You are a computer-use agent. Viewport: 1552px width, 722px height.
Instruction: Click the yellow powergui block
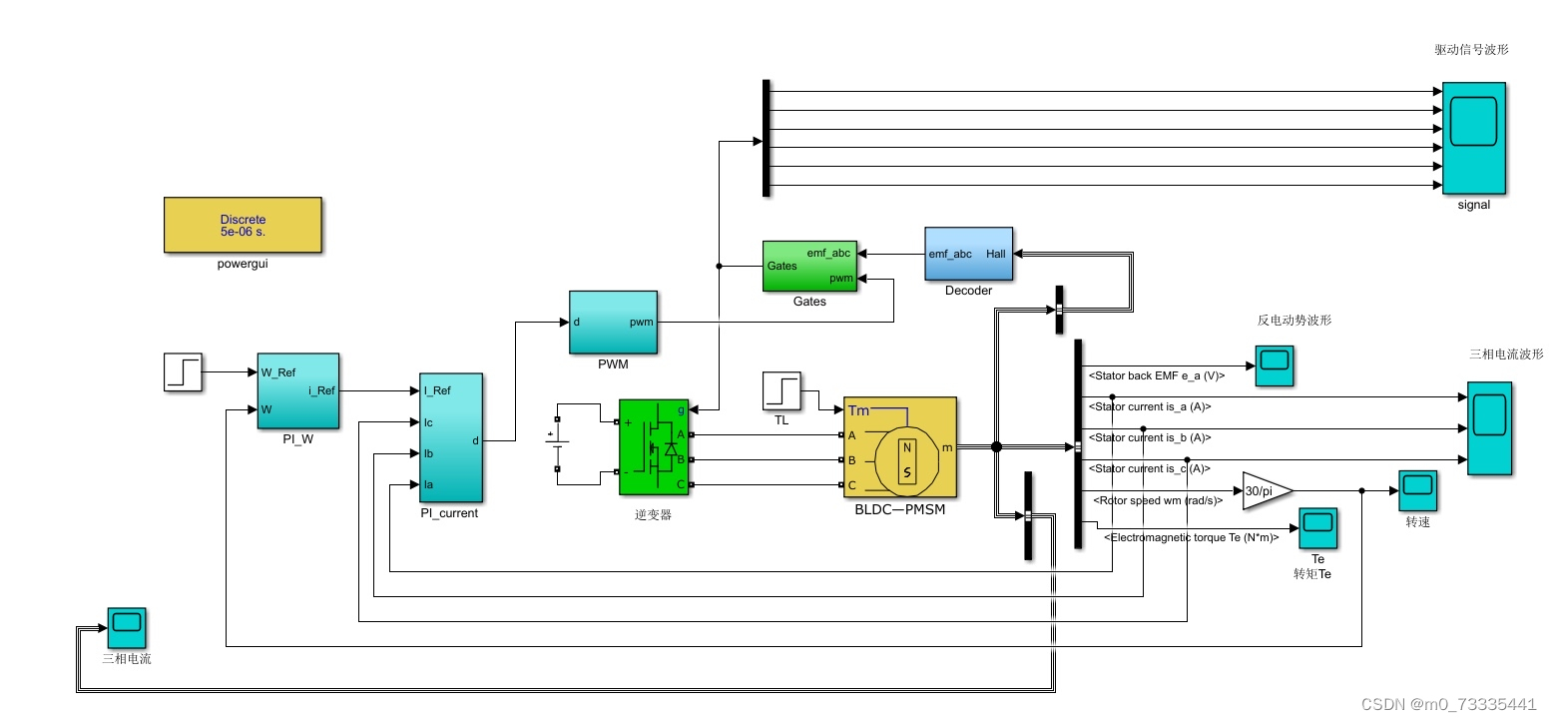click(243, 225)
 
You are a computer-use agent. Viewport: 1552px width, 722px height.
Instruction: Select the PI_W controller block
click(297, 390)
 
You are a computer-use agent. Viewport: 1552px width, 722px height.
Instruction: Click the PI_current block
click(451, 437)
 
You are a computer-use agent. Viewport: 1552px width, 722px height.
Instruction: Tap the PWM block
click(613, 323)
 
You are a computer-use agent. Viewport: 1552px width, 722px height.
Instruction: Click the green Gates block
click(809, 267)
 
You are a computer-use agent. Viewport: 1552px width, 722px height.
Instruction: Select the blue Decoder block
click(968, 255)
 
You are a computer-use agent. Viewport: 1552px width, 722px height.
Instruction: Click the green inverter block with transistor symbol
click(654, 446)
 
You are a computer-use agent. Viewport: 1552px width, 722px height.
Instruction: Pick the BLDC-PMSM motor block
click(899, 446)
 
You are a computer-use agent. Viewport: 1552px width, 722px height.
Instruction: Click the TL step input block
click(781, 390)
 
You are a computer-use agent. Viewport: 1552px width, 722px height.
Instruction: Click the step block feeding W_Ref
click(183, 372)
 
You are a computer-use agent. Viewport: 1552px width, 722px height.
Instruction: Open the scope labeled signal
click(1473, 138)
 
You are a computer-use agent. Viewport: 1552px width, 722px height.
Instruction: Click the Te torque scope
click(1316, 528)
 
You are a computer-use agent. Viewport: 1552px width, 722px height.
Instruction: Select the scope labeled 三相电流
click(127, 627)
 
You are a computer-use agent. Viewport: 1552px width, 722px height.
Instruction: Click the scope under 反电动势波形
click(1275, 365)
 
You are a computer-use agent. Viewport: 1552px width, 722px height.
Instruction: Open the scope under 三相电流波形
click(1489, 427)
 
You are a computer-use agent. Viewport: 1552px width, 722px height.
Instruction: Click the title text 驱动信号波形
click(1470, 49)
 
